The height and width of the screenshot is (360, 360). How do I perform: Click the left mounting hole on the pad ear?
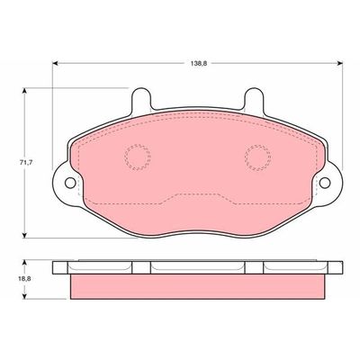click(70, 183)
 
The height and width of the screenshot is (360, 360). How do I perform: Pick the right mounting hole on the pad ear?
click(325, 183)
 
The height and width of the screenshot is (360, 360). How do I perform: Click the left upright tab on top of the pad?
click(141, 100)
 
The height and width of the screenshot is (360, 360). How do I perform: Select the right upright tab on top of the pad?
click(254, 100)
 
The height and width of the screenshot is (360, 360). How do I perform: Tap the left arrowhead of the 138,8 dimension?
click(55, 63)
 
